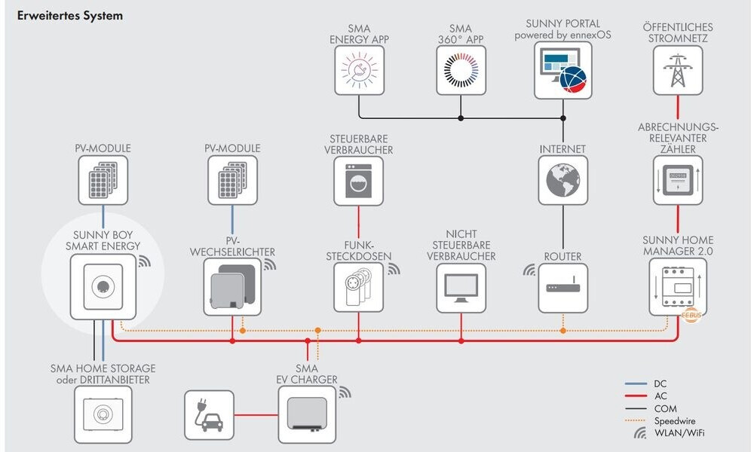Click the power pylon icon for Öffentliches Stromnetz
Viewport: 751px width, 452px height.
tap(678, 69)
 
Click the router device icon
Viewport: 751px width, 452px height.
tap(563, 287)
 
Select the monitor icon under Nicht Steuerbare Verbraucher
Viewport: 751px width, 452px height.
tap(461, 288)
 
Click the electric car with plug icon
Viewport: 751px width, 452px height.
tap(209, 414)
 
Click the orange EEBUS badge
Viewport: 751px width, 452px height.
tap(691, 316)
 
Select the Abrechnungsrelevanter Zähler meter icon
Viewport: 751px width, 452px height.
tap(678, 180)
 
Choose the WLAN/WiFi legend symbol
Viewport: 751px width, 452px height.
tap(639, 433)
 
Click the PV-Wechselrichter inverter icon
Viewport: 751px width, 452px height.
tap(231, 287)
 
